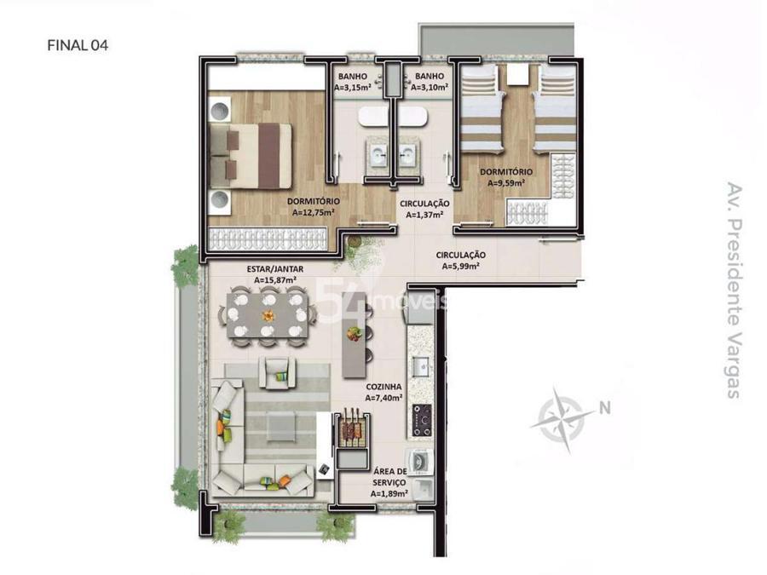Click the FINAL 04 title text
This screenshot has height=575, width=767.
pyautogui.click(x=78, y=45)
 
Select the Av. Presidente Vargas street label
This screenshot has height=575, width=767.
pyautogui.click(x=734, y=290)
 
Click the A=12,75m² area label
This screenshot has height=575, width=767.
pyautogui.click(x=313, y=212)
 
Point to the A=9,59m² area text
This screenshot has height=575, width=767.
pyautogui.click(x=506, y=183)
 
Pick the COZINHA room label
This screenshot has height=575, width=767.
pyautogui.click(x=383, y=387)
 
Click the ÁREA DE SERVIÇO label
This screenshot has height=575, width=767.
pyautogui.click(x=389, y=477)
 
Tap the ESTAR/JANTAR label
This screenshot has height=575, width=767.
pyautogui.click(x=275, y=269)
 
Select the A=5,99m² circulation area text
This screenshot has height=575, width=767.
pyautogui.click(x=460, y=266)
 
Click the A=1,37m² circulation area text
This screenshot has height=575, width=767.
pyautogui.click(x=424, y=214)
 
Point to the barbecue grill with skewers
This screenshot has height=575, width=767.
pyautogui.click(x=352, y=428)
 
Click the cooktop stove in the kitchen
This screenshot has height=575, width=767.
pyautogui.click(x=422, y=420)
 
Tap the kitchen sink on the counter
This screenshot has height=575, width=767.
pyautogui.click(x=421, y=366)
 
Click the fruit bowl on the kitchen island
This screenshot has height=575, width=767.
pyautogui.click(x=355, y=334)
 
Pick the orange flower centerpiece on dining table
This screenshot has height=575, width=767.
pyautogui.click(x=268, y=315)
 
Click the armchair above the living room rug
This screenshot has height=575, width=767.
pyautogui.click(x=277, y=372)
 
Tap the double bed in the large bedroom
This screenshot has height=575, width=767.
pyautogui.click(x=250, y=156)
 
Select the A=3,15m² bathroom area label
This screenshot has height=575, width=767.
pyautogui.click(x=352, y=88)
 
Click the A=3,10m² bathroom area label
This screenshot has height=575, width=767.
pyautogui.click(x=430, y=88)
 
